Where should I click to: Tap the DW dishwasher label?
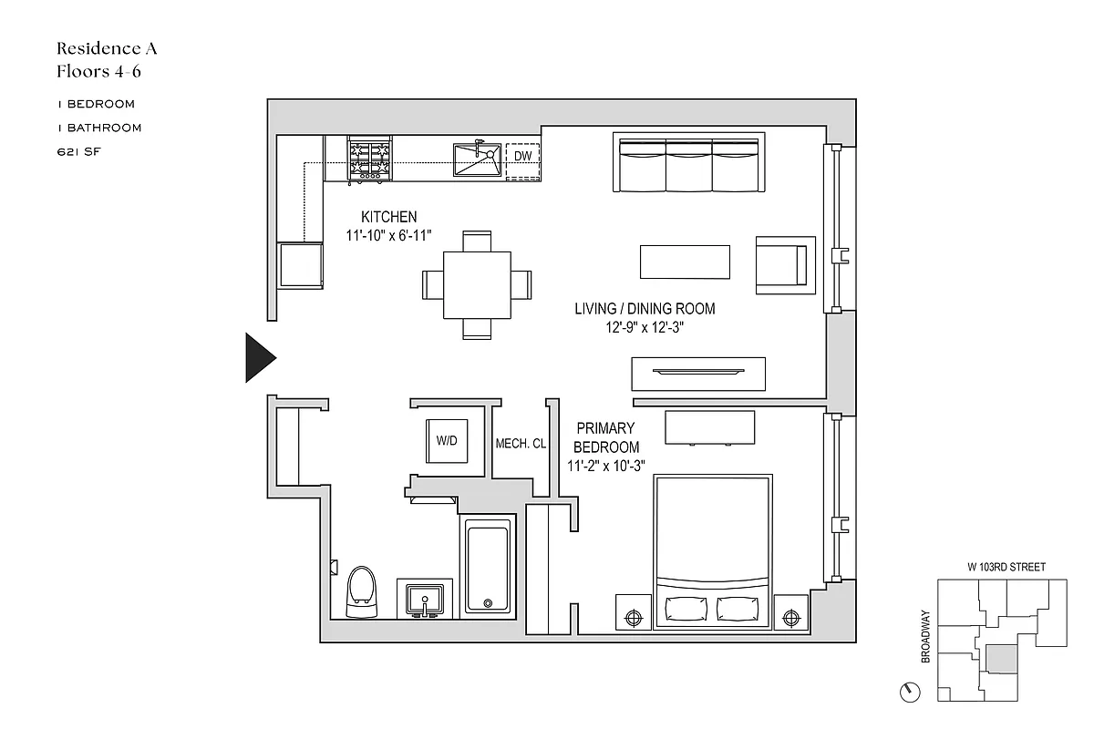point(522,158)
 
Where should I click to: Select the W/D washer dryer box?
point(447,442)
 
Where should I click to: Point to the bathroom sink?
point(425,600)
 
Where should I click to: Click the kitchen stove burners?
point(370,159)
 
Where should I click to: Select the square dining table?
point(476,285)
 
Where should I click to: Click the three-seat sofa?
point(688,164)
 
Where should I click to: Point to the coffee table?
point(685,262)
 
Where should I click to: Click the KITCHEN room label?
point(389,217)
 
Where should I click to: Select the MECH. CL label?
point(521,444)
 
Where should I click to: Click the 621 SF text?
point(77,152)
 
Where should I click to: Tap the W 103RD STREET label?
point(1006,567)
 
